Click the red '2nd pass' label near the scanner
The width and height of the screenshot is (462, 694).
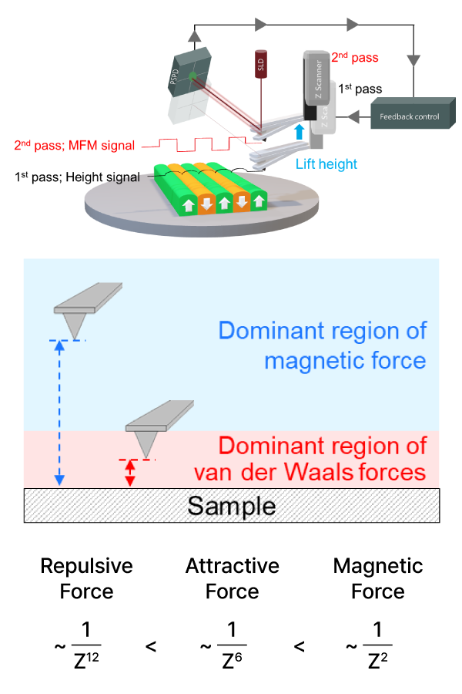tap(355, 58)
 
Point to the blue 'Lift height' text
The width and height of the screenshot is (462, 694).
tap(326, 164)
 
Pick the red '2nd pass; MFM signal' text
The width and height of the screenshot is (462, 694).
tap(75, 145)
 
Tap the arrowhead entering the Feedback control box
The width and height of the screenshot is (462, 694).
tap(354, 117)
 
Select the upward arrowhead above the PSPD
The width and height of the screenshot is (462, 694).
tap(196, 35)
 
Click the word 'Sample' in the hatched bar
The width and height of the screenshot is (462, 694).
tap(231, 506)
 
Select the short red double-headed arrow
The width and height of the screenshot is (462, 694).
tap(130, 473)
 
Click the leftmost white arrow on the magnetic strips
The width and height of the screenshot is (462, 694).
tap(188, 205)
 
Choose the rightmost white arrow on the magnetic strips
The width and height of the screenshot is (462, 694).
tap(259, 201)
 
